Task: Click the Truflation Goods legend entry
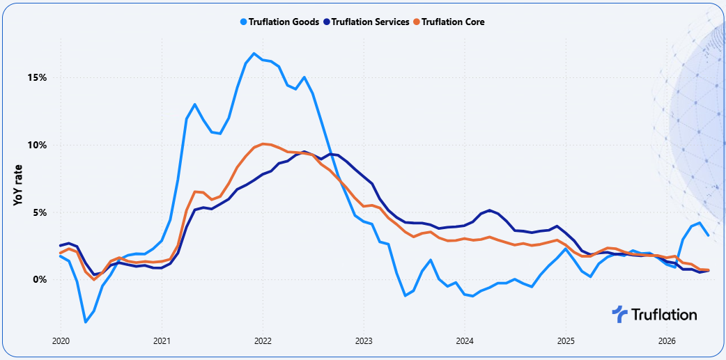click(279, 22)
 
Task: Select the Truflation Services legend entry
click(366, 22)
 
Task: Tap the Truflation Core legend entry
click(449, 22)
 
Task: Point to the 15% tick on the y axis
click(36, 78)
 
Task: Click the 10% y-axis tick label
click(36, 146)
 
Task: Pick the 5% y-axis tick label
click(39, 213)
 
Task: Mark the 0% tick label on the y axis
click(39, 280)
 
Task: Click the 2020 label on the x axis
click(61, 341)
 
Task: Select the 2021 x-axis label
click(162, 341)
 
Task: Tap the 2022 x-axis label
click(263, 341)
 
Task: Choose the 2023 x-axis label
click(364, 341)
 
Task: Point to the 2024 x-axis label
click(465, 341)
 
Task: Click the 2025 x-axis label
click(565, 341)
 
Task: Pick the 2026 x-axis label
click(666, 341)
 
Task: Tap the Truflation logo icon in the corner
click(619, 315)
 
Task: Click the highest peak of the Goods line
click(254, 53)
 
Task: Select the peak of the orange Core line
click(263, 143)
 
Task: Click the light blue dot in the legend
click(244, 22)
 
